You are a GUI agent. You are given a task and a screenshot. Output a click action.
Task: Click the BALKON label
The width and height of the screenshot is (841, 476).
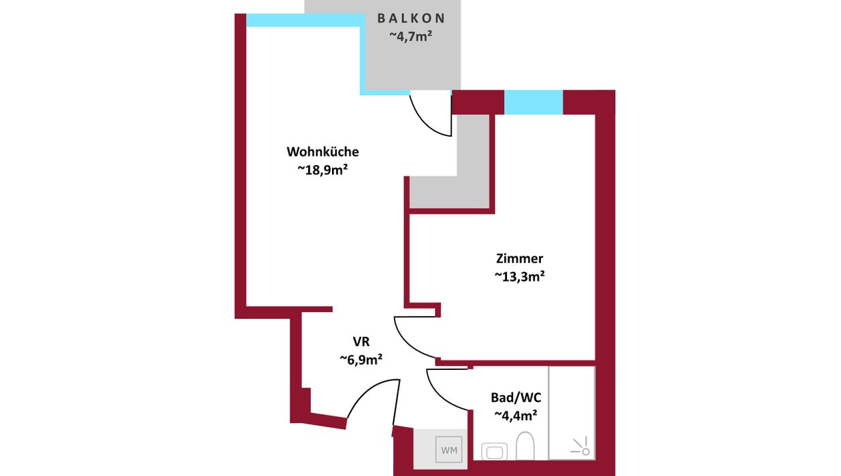(411, 18)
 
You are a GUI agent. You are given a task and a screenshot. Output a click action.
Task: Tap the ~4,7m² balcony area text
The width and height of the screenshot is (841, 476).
(411, 36)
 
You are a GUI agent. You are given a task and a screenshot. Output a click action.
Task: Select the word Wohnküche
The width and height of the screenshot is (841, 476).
(323, 152)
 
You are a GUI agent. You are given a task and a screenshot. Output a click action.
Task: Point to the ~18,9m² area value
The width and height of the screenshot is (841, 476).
(323, 169)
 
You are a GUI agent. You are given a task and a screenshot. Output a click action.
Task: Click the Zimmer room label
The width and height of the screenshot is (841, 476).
(519, 258)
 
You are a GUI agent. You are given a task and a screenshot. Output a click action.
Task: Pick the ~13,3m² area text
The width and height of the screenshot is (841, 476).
(519, 277)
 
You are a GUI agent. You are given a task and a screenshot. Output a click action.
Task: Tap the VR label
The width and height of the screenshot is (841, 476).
(361, 341)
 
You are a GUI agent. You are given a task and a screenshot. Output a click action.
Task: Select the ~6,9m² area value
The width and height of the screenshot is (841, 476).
(361, 359)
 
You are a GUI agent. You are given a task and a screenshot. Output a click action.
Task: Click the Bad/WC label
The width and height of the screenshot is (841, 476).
(516, 397)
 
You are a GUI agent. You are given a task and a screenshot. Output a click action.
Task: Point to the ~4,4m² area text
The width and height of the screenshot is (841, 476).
(516, 415)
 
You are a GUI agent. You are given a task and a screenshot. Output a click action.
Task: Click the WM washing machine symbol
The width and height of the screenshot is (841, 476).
(449, 449)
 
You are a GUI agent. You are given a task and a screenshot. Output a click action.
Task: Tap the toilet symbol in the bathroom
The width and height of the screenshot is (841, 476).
(525, 445)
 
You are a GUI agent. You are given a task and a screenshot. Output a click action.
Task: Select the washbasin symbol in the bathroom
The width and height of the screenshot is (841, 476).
(495, 452)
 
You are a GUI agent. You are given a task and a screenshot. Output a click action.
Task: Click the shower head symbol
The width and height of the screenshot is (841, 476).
(581, 446)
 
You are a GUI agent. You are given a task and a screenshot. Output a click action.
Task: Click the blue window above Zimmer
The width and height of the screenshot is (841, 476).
(533, 102)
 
